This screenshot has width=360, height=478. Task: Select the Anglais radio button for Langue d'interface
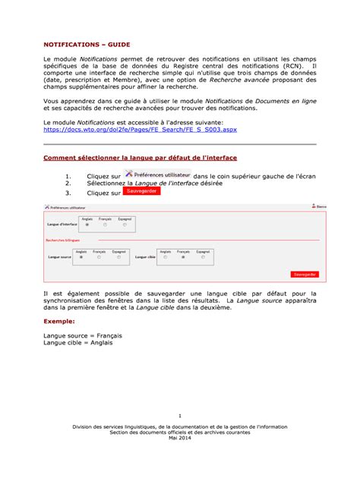[x=87, y=225]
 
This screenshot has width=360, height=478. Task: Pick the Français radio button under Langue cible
[x=183, y=257]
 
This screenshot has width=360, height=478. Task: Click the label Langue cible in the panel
[x=145, y=257]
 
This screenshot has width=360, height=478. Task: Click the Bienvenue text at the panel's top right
[x=321, y=206]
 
